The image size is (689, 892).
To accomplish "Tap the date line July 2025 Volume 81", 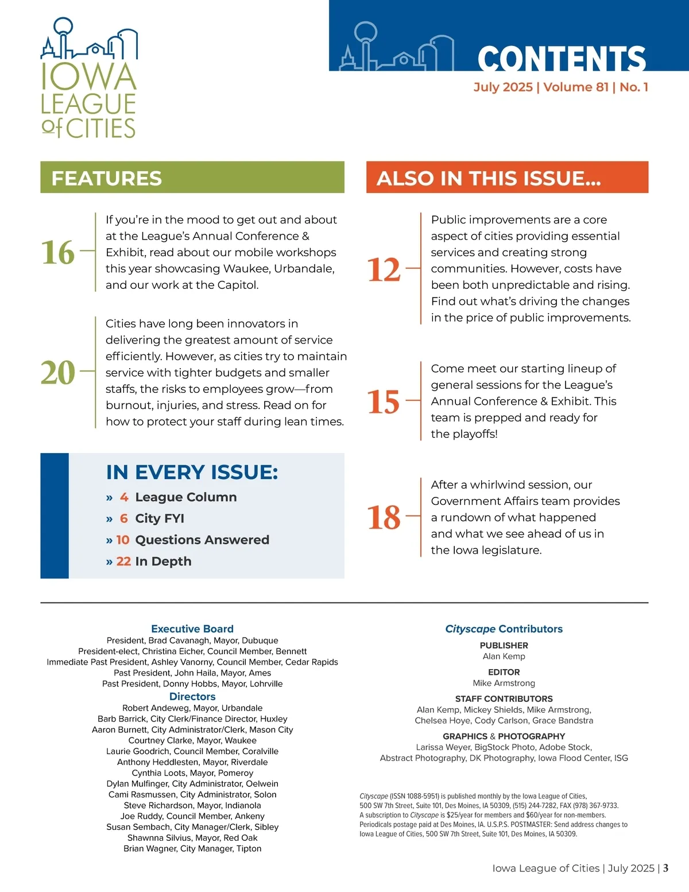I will pyautogui.click(x=560, y=87).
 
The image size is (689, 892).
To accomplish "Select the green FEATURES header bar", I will pyautogui.click(x=192, y=177).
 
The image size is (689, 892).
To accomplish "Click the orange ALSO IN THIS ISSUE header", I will pyautogui.click(x=507, y=177).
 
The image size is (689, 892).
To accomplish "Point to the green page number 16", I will pyautogui.click(x=58, y=252).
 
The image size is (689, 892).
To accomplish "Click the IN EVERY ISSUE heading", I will pyautogui.click(x=192, y=472).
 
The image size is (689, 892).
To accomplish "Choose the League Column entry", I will pyautogui.click(x=185, y=497).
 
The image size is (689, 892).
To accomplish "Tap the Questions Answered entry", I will pyautogui.click(x=202, y=540).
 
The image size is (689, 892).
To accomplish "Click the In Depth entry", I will pyautogui.click(x=163, y=561).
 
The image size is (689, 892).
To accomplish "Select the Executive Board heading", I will pyautogui.click(x=192, y=629).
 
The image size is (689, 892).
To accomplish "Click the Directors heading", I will pyautogui.click(x=192, y=697).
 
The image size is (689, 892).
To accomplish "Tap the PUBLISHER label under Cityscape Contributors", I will pyautogui.click(x=504, y=646).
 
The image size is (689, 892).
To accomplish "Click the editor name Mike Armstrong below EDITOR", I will pyautogui.click(x=504, y=683).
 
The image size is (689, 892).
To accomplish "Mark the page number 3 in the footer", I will pyautogui.click(x=665, y=868).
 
